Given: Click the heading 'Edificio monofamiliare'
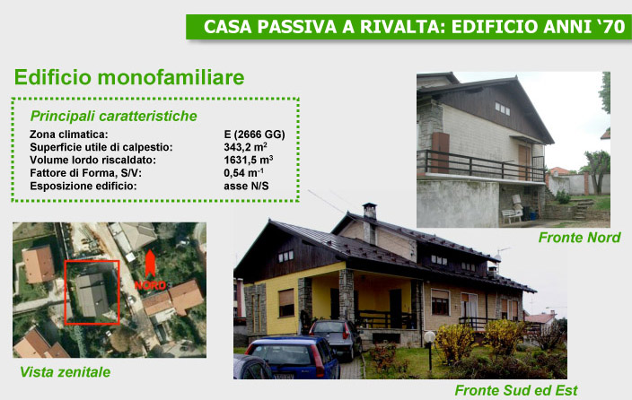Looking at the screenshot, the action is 129,77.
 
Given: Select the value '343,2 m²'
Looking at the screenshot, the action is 245,147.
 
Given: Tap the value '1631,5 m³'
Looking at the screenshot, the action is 249,160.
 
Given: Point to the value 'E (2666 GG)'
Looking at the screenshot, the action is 254,135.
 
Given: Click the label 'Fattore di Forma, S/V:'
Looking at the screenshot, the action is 86,173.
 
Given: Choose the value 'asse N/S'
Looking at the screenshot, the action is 246,187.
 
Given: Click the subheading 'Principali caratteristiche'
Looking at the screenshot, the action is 114,116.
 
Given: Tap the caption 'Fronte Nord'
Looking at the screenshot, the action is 579,238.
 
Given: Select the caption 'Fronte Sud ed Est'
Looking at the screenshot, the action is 516,390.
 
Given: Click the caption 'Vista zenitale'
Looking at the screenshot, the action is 66,372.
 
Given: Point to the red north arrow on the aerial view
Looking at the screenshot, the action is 150,264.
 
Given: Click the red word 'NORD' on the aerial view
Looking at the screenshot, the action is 150,285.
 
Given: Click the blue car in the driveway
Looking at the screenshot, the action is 293,358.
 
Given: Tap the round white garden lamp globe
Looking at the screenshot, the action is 430,336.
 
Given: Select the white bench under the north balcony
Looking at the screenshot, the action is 512,215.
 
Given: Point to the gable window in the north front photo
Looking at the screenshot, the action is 503,109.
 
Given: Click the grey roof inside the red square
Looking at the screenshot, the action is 92,294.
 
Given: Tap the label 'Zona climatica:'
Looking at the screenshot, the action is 69,135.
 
